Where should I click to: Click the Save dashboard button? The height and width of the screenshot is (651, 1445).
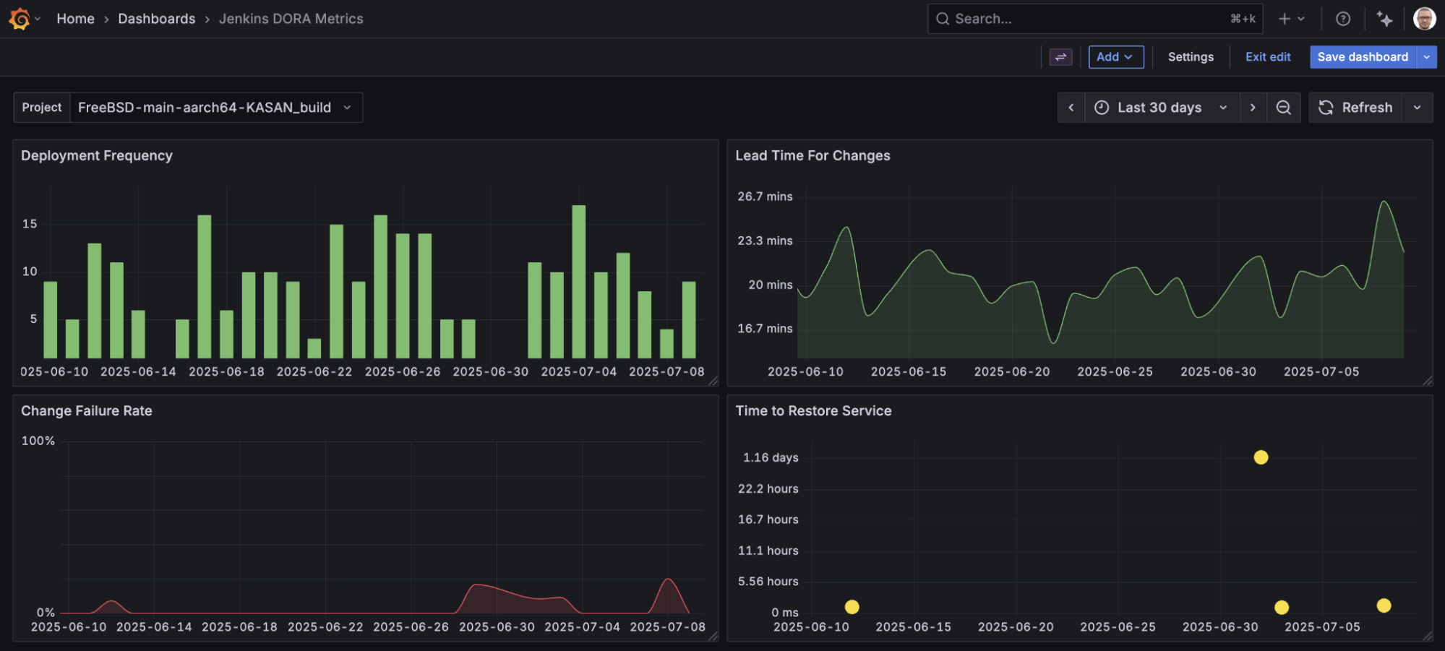1362,57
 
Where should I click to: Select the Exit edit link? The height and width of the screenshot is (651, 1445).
1267,57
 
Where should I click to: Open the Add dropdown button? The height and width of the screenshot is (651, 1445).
1115,57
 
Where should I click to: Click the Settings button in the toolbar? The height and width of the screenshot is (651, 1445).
1190,57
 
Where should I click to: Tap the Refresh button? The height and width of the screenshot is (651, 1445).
1355,108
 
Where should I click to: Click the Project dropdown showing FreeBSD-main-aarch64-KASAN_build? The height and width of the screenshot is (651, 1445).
215,108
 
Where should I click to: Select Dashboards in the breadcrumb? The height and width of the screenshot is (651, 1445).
156,19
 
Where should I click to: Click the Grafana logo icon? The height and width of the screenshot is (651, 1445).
20,19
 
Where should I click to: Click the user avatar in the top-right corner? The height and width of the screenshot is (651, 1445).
1423,19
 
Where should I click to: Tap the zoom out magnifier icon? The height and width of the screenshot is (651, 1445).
1283,108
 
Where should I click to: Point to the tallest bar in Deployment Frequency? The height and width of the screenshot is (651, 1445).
578,282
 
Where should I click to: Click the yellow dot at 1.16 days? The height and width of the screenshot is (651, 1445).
1261,457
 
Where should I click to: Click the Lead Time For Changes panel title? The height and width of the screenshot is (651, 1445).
812,156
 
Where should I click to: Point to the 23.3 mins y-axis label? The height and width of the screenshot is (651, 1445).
765,241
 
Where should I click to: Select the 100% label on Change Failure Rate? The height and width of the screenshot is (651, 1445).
38,441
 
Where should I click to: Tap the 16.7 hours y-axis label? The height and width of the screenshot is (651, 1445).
768,519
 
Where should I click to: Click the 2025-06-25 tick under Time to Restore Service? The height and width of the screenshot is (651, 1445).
1117,627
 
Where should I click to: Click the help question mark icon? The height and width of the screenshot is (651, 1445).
1342,19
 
